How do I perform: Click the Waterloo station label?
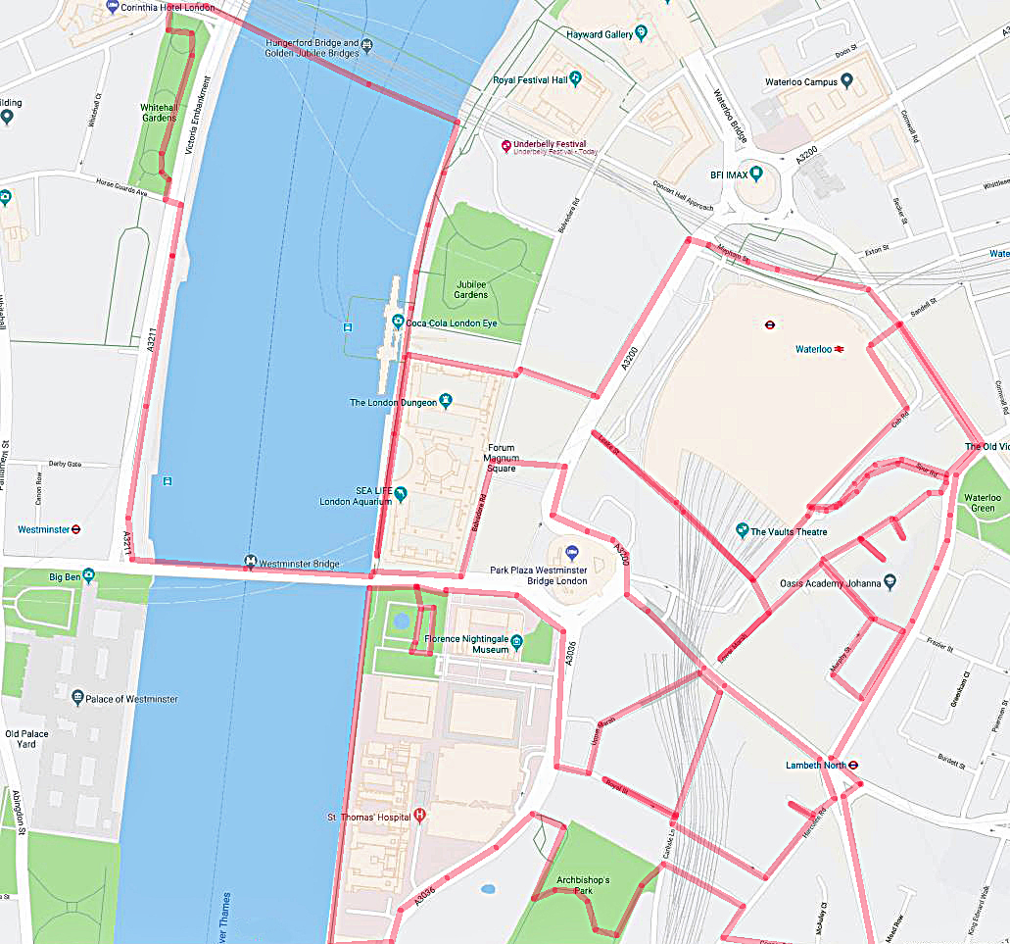(x=812, y=349)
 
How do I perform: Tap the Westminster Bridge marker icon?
(x=251, y=563)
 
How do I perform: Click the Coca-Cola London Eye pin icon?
(x=398, y=322)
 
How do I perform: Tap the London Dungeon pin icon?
(x=446, y=400)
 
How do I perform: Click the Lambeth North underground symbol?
(x=853, y=765)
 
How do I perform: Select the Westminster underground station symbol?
(x=77, y=529)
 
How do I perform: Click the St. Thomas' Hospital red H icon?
(x=420, y=815)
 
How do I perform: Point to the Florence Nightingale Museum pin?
(x=516, y=640)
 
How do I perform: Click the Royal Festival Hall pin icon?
(x=576, y=78)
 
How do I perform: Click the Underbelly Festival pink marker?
(x=506, y=146)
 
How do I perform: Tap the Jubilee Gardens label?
(x=471, y=289)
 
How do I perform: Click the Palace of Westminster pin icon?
(x=77, y=698)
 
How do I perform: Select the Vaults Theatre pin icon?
(x=743, y=530)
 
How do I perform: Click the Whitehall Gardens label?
(x=158, y=112)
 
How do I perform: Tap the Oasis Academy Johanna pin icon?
(x=889, y=580)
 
